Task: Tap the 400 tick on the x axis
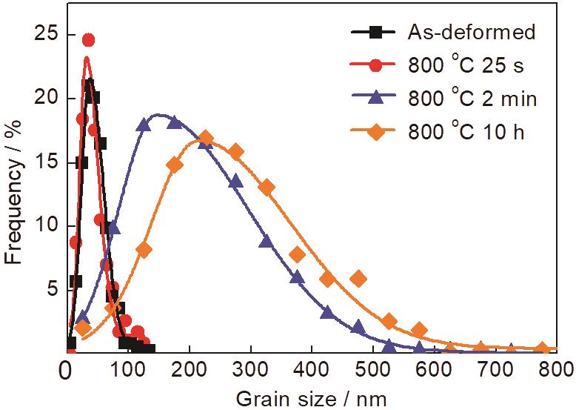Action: [x=312, y=366]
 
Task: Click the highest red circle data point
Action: [x=88, y=40]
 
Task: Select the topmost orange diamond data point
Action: [x=206, y=138]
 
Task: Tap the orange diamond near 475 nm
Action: [x=358, y=279]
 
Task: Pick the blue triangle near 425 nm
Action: [x=327, y=313]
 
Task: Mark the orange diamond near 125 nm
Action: [x=144, y=250]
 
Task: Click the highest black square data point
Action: [x=90, y=85]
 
